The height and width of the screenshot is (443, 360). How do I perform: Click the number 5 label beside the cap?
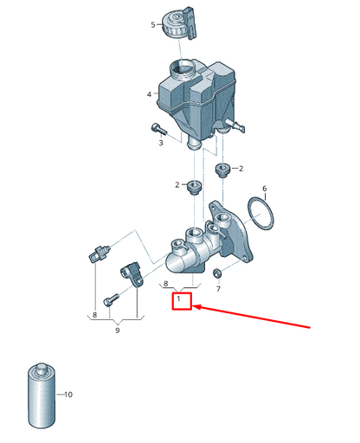click(153, 25)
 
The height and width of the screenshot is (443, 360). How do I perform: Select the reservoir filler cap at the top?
click(179, 22)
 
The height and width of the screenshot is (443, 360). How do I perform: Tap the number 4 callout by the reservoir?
click(149, 94)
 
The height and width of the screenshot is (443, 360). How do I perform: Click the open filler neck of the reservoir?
click(183, 69)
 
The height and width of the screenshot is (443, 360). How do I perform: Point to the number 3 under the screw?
click(161, 143)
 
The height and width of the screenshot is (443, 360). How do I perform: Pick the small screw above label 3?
click(159, 129)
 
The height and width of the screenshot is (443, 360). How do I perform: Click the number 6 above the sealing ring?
click(265, 189)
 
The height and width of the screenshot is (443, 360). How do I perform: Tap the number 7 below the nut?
click(218, 289)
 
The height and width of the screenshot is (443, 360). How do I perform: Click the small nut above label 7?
click(216, 272)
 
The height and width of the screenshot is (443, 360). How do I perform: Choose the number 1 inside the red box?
click(179, 299)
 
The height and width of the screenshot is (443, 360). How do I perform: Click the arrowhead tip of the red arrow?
click(193, 306)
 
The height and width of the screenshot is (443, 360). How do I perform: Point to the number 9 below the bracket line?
click(118, 331)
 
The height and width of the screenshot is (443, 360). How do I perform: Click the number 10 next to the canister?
click(68, 395)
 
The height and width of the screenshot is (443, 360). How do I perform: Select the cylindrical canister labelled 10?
click(42, 395)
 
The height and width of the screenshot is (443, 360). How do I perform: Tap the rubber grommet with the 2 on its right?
click(222, 169)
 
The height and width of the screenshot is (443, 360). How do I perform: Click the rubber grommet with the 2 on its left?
click(195, 187)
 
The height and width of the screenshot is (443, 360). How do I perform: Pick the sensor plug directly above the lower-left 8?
click(99, 253)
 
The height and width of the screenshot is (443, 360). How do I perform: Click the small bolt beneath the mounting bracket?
click(111, 300)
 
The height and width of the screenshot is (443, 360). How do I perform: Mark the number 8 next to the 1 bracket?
click(165, 284)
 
